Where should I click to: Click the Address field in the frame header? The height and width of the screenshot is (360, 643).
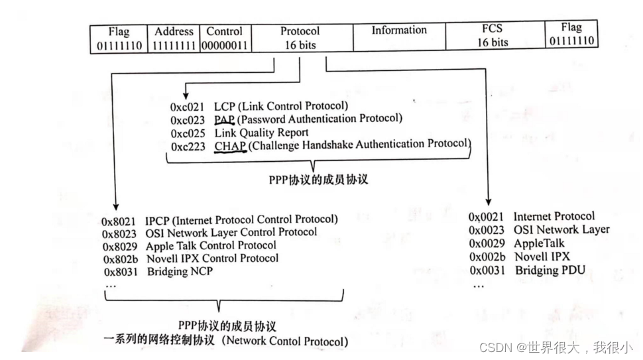click(x=173, y=38)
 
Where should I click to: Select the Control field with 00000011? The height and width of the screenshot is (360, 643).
click(x=224, y=38)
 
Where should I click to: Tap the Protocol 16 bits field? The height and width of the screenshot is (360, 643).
click(x=299, y=38)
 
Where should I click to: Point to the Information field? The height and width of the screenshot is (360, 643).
click(x=398, y=30)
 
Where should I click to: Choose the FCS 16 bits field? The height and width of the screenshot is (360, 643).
click(x=492, y=36)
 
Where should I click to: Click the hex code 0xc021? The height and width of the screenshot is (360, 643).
click(x=188, y=107)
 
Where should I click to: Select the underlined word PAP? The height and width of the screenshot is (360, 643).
click(x=224, y=119)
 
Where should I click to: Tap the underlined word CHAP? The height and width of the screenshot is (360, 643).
click(x=230, y=145)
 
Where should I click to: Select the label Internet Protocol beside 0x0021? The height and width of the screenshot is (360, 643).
click(x=554, y=217)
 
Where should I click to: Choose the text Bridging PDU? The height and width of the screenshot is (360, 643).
click(x=550, y=270)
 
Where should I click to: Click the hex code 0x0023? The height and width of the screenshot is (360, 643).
click(x=487, y=230)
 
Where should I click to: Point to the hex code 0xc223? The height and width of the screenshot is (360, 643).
click(x=188, y=145)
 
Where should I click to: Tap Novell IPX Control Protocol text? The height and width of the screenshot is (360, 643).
click(x=212, y=259)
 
